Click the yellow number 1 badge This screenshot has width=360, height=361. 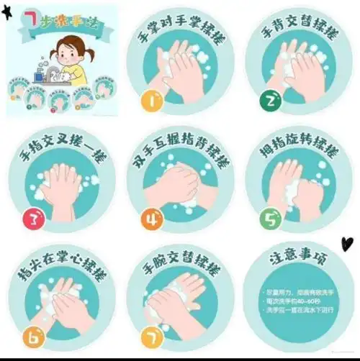point(153,101)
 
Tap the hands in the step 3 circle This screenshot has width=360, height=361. point(65,186)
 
